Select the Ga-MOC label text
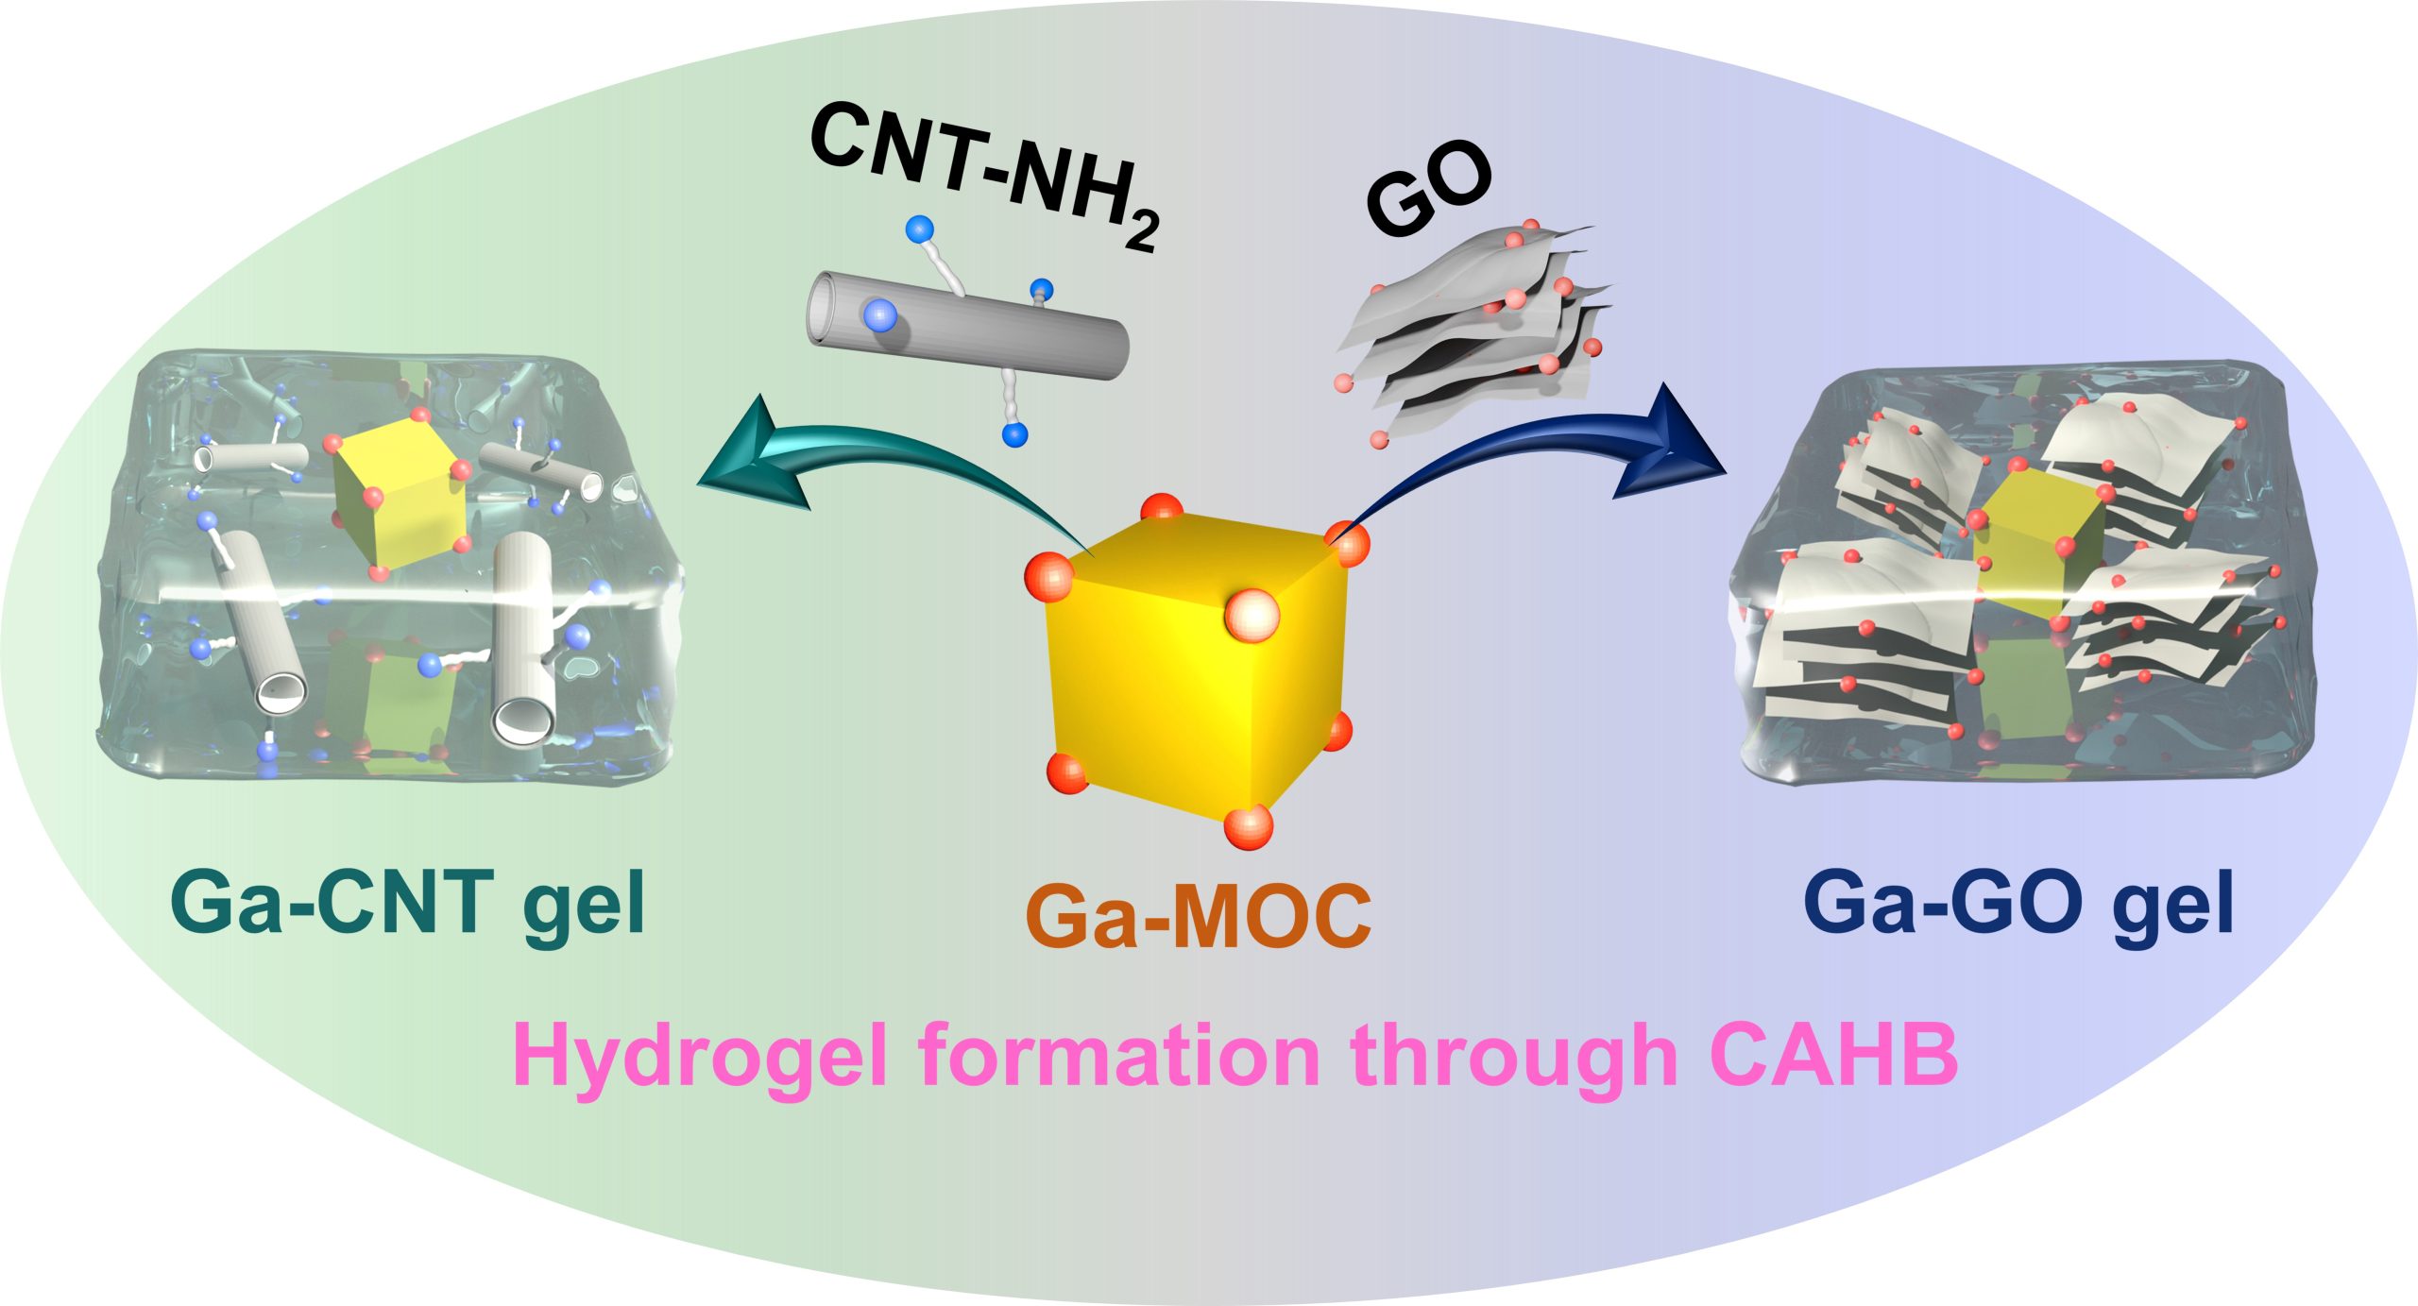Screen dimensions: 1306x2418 [x=1198, y=916]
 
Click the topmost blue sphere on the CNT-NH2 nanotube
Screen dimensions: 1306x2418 [x=918, y=229]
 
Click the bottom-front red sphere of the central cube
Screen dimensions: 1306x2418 [x=1249, y=828]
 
